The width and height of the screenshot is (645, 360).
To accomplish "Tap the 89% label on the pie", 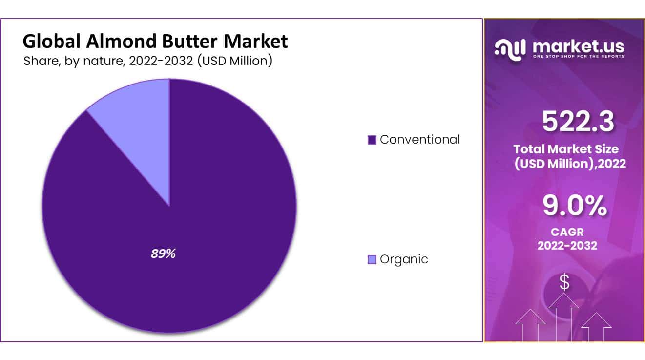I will (x=163, y=254).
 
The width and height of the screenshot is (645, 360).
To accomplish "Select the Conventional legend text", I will (x=419, y=139).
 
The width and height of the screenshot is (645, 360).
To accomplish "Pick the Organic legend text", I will (x=403, y=259).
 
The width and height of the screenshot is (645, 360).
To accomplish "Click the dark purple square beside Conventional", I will (x=372, y=140).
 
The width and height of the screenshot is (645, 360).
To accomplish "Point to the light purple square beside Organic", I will (x=372, y=260).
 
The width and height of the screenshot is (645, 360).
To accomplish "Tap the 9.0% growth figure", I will (x=575, y=206).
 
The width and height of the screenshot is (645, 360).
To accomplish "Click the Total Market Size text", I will (x=566, y=149).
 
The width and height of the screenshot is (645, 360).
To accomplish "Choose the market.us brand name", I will (x=579, y=47).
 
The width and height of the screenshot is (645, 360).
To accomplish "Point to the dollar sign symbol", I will (x=564, y=282).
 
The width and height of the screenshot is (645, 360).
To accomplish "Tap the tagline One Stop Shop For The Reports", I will (x=579, y=57).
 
